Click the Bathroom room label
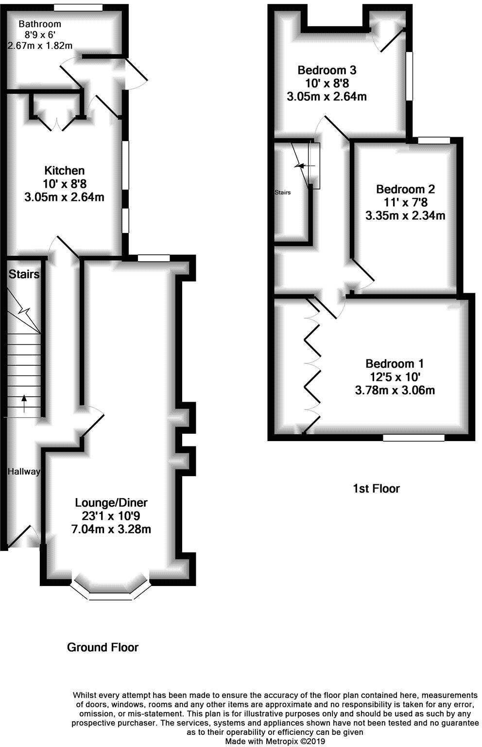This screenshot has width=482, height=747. (x=40, y=24)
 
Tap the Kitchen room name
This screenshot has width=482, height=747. (x=64, y=171)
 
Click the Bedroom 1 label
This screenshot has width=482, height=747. (x=395, y=364)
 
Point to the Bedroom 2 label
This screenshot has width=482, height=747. (x=405, y=189)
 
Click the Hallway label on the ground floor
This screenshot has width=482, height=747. (x=23, y=471)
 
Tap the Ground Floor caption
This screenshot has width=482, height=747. (x=103, y=647)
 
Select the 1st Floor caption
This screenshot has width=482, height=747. (x=376, y=488)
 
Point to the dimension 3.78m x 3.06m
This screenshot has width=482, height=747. (x=395, y=390)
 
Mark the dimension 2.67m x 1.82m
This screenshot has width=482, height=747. (x=40, y=46)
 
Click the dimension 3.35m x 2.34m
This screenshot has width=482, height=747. (x=405, y=215)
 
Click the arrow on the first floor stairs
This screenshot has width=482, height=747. (x=302, y=166)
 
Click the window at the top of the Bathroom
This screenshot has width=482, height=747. (x=78, y=8)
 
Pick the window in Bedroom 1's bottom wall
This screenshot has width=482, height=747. (x=413, y=438)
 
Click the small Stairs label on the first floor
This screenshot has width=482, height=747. (x=282, y=193)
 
